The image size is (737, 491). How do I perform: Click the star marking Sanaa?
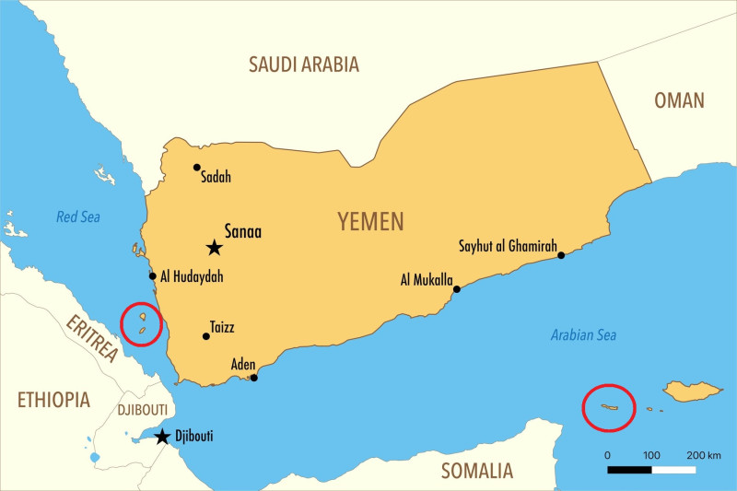click(214, 247)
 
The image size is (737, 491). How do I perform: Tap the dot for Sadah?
click(196, 167)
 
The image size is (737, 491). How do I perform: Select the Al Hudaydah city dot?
click(153, 275)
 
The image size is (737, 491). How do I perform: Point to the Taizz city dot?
click(205, 336)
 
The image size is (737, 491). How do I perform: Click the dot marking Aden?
click(254, 378)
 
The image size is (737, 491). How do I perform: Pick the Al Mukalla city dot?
click(457, 289)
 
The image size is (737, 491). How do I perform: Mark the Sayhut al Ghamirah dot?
click(561, 255)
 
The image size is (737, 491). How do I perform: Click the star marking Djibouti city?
click(162, 437)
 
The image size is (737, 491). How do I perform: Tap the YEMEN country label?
click(370, 221)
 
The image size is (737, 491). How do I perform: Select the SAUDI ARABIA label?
click(304, 64)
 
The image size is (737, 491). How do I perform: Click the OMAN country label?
click(679, 100)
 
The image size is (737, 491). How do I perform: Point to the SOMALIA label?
click(476, 472)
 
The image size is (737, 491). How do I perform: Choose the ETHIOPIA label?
click(54, 400)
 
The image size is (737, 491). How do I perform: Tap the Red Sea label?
click(78, 217)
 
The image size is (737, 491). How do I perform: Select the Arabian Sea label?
click(584, 335)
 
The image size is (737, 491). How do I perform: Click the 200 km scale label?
click(703, 456)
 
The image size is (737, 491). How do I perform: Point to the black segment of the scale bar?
click(629, 470)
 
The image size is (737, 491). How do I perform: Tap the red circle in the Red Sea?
click(142, 323)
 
